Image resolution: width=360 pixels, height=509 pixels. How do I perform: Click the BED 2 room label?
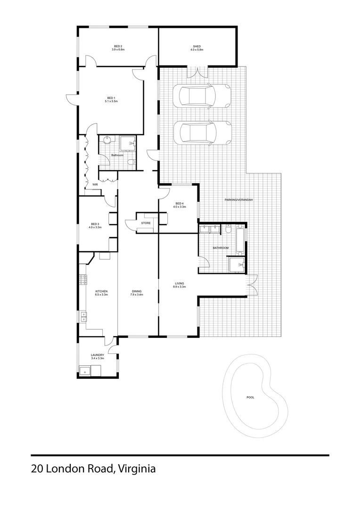117,46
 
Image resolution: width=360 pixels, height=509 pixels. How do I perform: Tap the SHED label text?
196,46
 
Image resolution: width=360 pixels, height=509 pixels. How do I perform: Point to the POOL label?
250,397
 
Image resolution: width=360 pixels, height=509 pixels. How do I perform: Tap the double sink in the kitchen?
83,316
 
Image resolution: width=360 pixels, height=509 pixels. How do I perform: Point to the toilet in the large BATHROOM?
228,231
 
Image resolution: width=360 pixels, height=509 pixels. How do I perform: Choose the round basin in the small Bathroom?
108,139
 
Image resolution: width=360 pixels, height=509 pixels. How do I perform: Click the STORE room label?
146,222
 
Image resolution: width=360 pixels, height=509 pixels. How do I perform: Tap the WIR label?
95,184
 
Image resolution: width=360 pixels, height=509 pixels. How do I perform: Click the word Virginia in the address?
137,469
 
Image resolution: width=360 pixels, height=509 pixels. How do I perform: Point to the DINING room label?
137,291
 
